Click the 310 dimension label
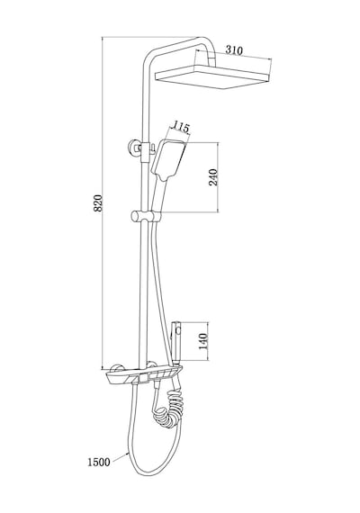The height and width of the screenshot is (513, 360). (234, 50)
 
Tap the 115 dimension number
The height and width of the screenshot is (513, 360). (181, 126)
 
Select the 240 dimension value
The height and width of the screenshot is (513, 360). (213, 177)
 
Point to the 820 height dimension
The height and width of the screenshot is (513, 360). (98, 202)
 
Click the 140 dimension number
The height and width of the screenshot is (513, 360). (203, 341)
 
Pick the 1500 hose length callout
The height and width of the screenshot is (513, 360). (98, 463)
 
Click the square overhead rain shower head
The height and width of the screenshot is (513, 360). (212, 76)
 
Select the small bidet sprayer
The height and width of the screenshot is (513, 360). (176, 343)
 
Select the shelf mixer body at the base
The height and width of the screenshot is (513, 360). (144, 375)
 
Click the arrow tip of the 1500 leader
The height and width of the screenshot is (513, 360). (128, 452)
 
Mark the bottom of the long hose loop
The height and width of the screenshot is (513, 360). (148, 474)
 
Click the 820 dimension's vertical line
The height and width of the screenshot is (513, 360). (103, 202)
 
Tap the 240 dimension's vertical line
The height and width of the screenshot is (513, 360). (218, 177)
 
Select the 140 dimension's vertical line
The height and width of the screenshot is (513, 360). (208, 342)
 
